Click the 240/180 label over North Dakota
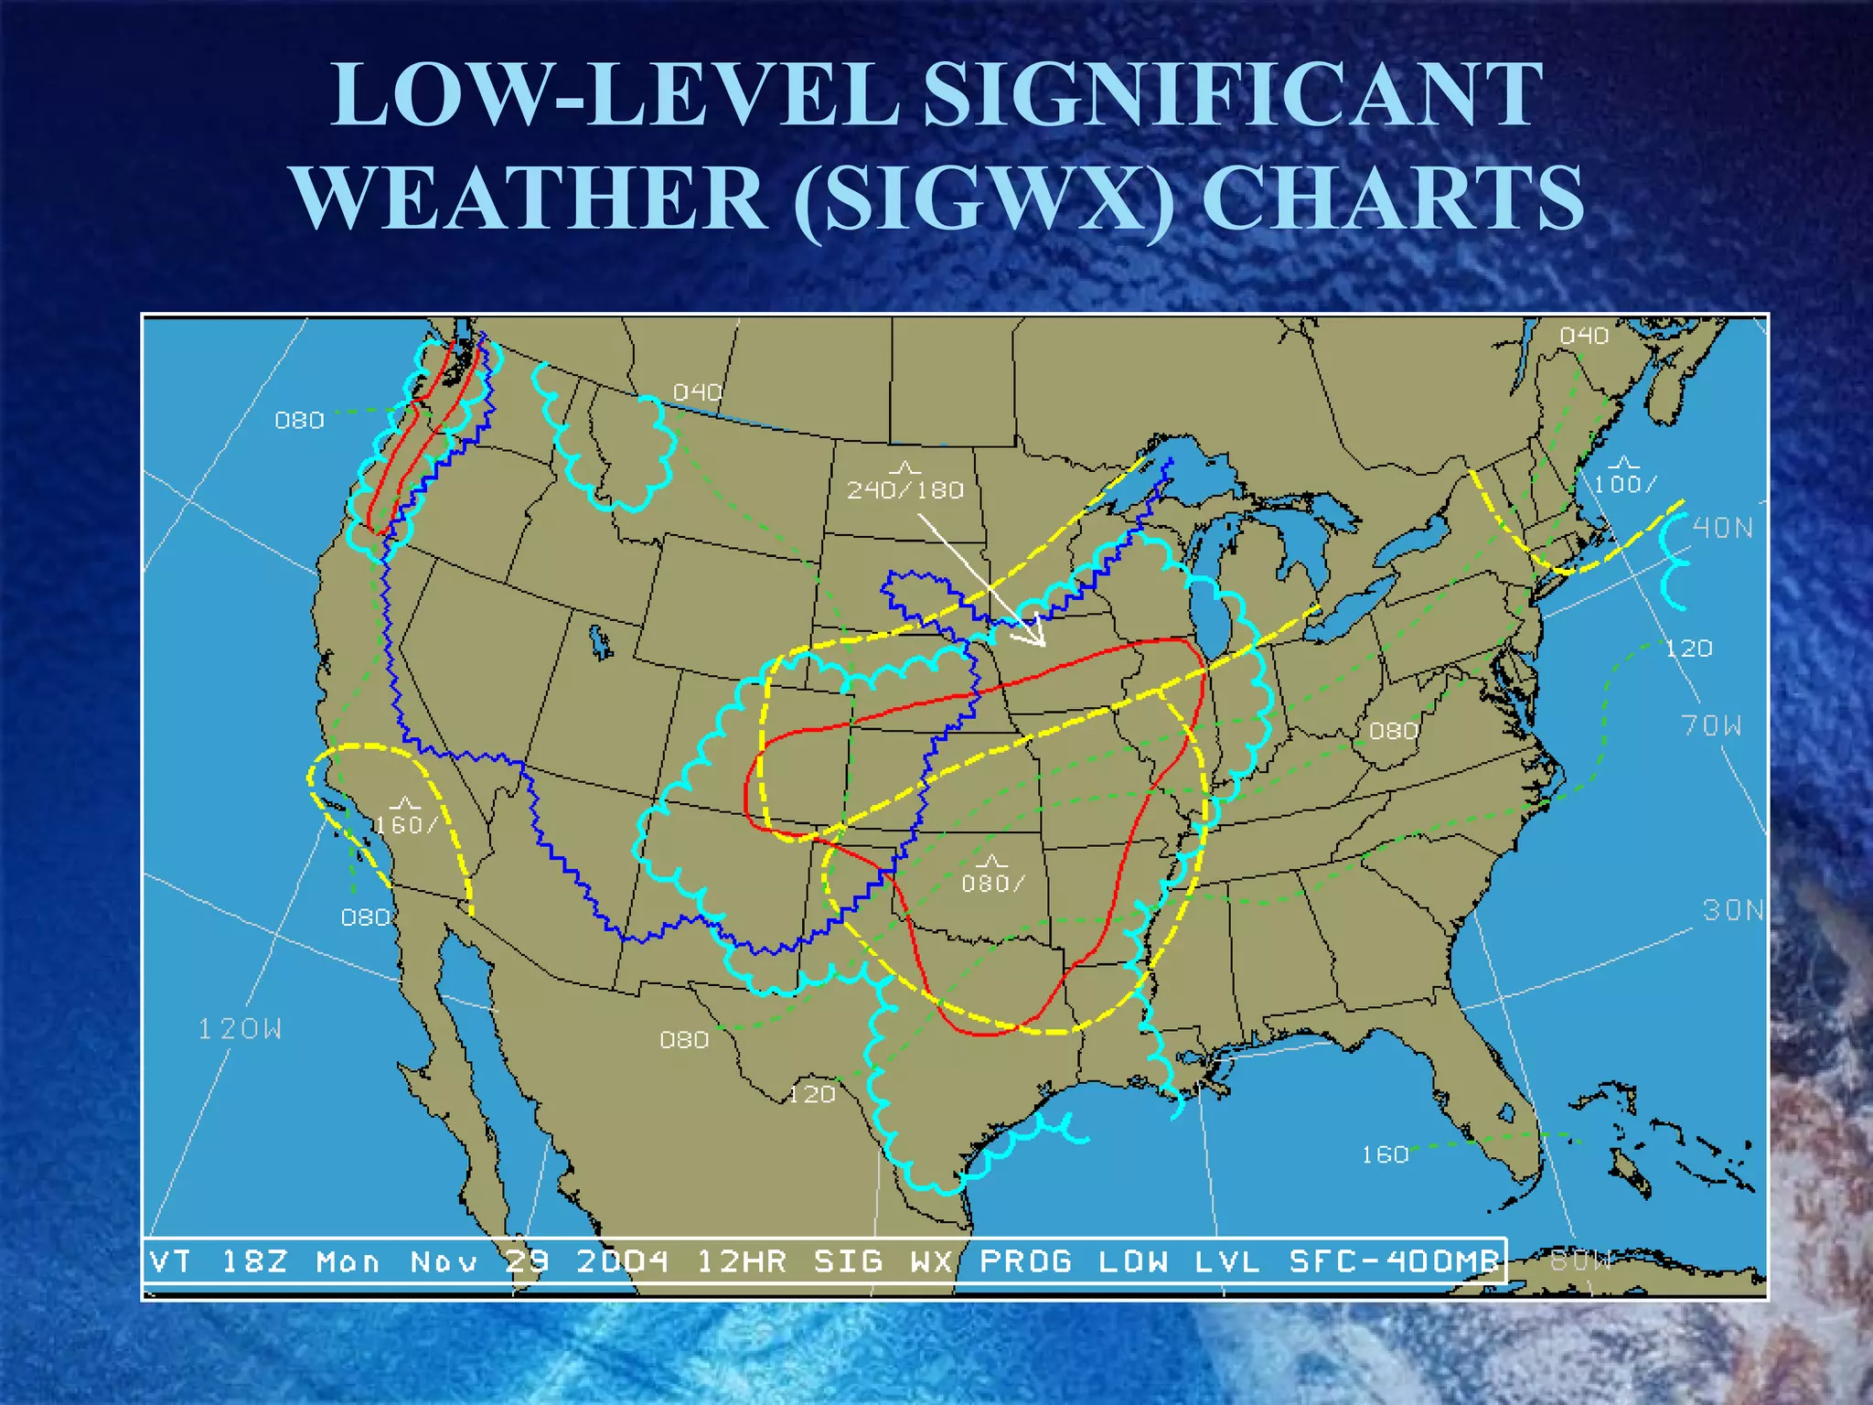click(x=904, y=490)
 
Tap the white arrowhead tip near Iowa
click(x=1043, y=645)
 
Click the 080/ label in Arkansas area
click(x=992, y=883)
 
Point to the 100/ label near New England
click(x=1624, y=483)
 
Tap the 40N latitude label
click(x=1723, y=528)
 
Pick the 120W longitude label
click(x=241, y=1029)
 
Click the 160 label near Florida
click(x=1385, y=1154)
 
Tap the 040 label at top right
click(x=1584, y=336)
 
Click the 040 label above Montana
click(x=698, y=392)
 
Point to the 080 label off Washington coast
click(x=300, y=420)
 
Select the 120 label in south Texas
click(x=812, y=1094)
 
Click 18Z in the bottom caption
click(x=254, y=1262)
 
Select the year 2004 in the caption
click(x=622, y=1262)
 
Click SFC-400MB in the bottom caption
click(x=1394, y=1262)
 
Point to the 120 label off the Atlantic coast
click(x=1688, y=649)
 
